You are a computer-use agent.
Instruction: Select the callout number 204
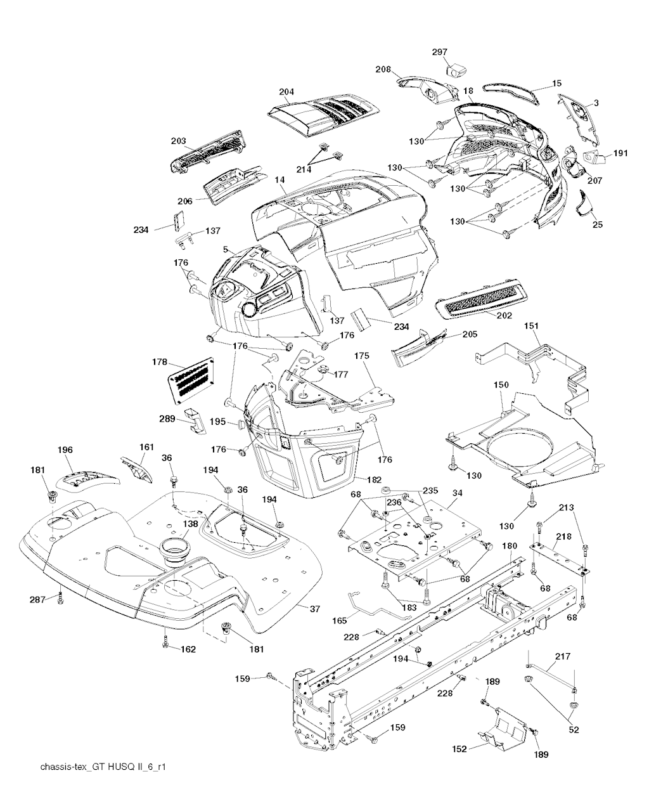click(x=286, y=92)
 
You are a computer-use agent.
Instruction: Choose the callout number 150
click(x=501, y=385)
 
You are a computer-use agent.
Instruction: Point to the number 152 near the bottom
click(x=459, y=749)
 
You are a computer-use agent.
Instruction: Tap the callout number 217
click(x=562, y=657)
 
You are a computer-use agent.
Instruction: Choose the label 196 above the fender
click(x=65, y=450)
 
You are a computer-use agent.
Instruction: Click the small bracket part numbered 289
click(x=195, y=422)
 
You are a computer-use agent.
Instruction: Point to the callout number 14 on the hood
click(x=280, y=181)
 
